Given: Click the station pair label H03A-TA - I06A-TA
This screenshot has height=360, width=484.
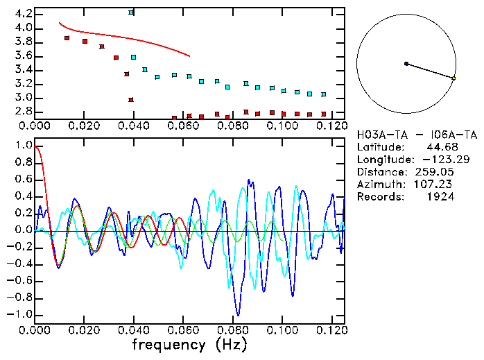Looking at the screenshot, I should pos(406,135).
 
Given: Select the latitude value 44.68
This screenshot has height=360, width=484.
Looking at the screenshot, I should pos(440,147).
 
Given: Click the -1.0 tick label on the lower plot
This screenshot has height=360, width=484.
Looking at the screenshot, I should pos(20,315).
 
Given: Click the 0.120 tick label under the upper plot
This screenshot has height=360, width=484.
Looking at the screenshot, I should pos(331,126).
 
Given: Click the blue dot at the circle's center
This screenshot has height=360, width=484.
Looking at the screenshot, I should pos(406,64).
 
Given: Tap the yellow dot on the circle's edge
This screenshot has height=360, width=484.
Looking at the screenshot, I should pos(453,79).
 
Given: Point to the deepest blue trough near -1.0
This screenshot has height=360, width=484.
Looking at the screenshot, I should pos(237,314).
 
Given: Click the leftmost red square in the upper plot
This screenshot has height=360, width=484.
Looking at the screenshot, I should pos(67,38).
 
